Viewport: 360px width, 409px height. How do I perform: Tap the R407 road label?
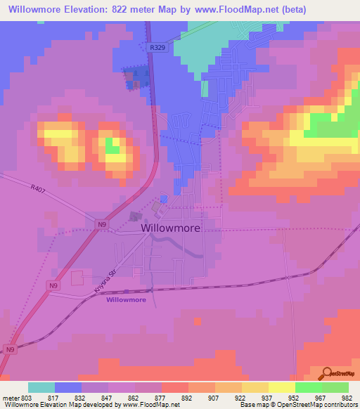tap(37, 188)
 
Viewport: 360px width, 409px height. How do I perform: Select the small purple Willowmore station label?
tap(127, 300)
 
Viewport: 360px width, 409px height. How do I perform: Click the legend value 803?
tap(27, 397)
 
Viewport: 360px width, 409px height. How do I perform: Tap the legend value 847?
tap(108, 397)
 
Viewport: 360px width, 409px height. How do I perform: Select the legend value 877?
tap(161, 397)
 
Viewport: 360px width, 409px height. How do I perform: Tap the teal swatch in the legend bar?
tap(41, 387)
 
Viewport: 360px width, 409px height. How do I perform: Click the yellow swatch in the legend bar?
tap(255, 387)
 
